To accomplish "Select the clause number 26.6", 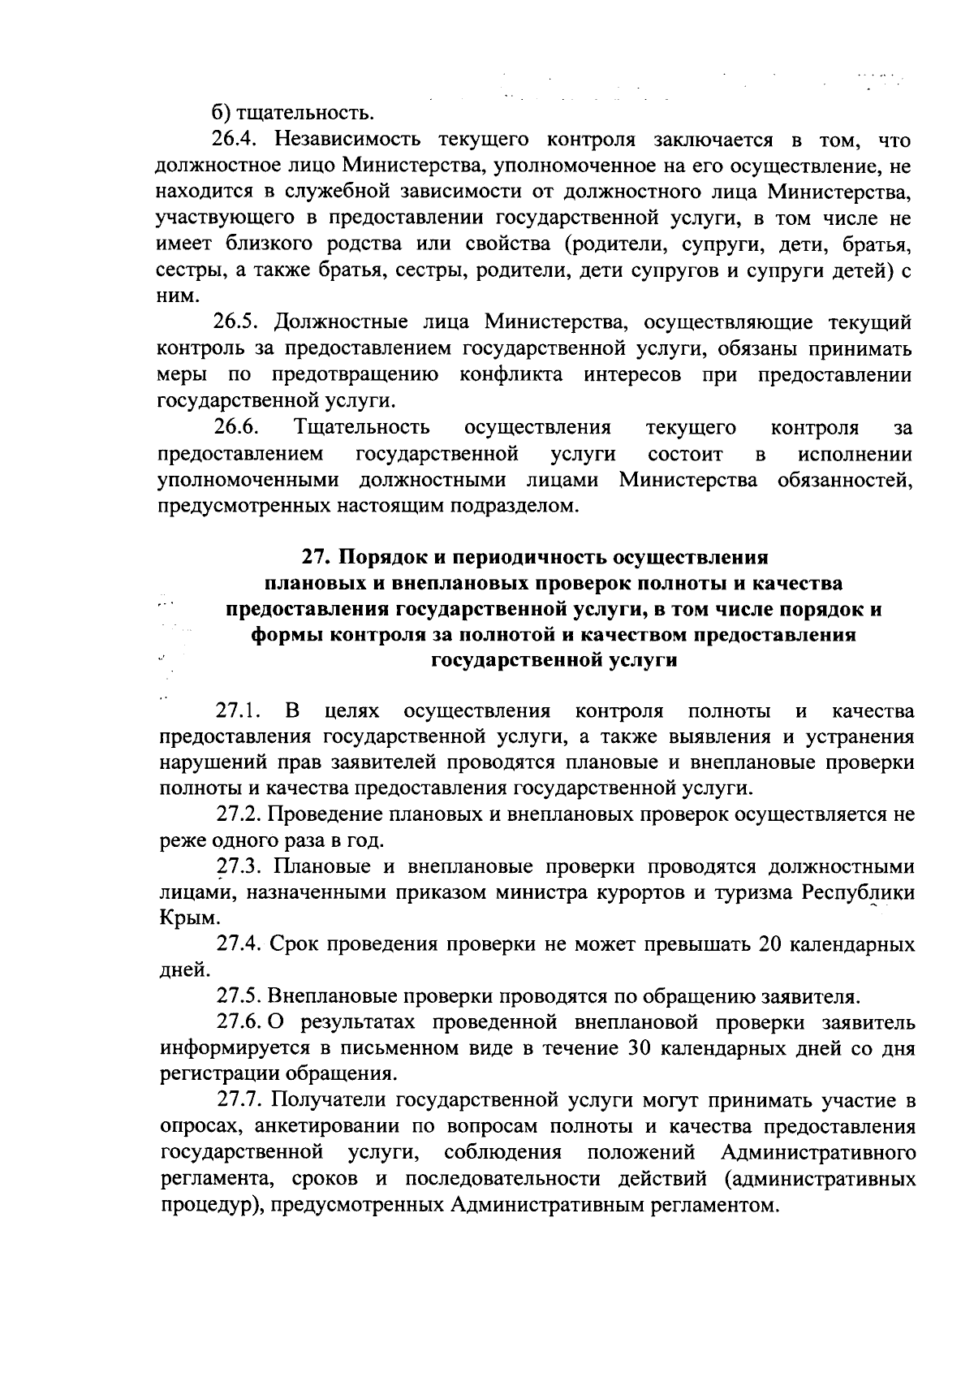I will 235,427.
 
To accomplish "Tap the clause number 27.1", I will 238,712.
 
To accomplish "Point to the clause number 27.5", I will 238,995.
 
